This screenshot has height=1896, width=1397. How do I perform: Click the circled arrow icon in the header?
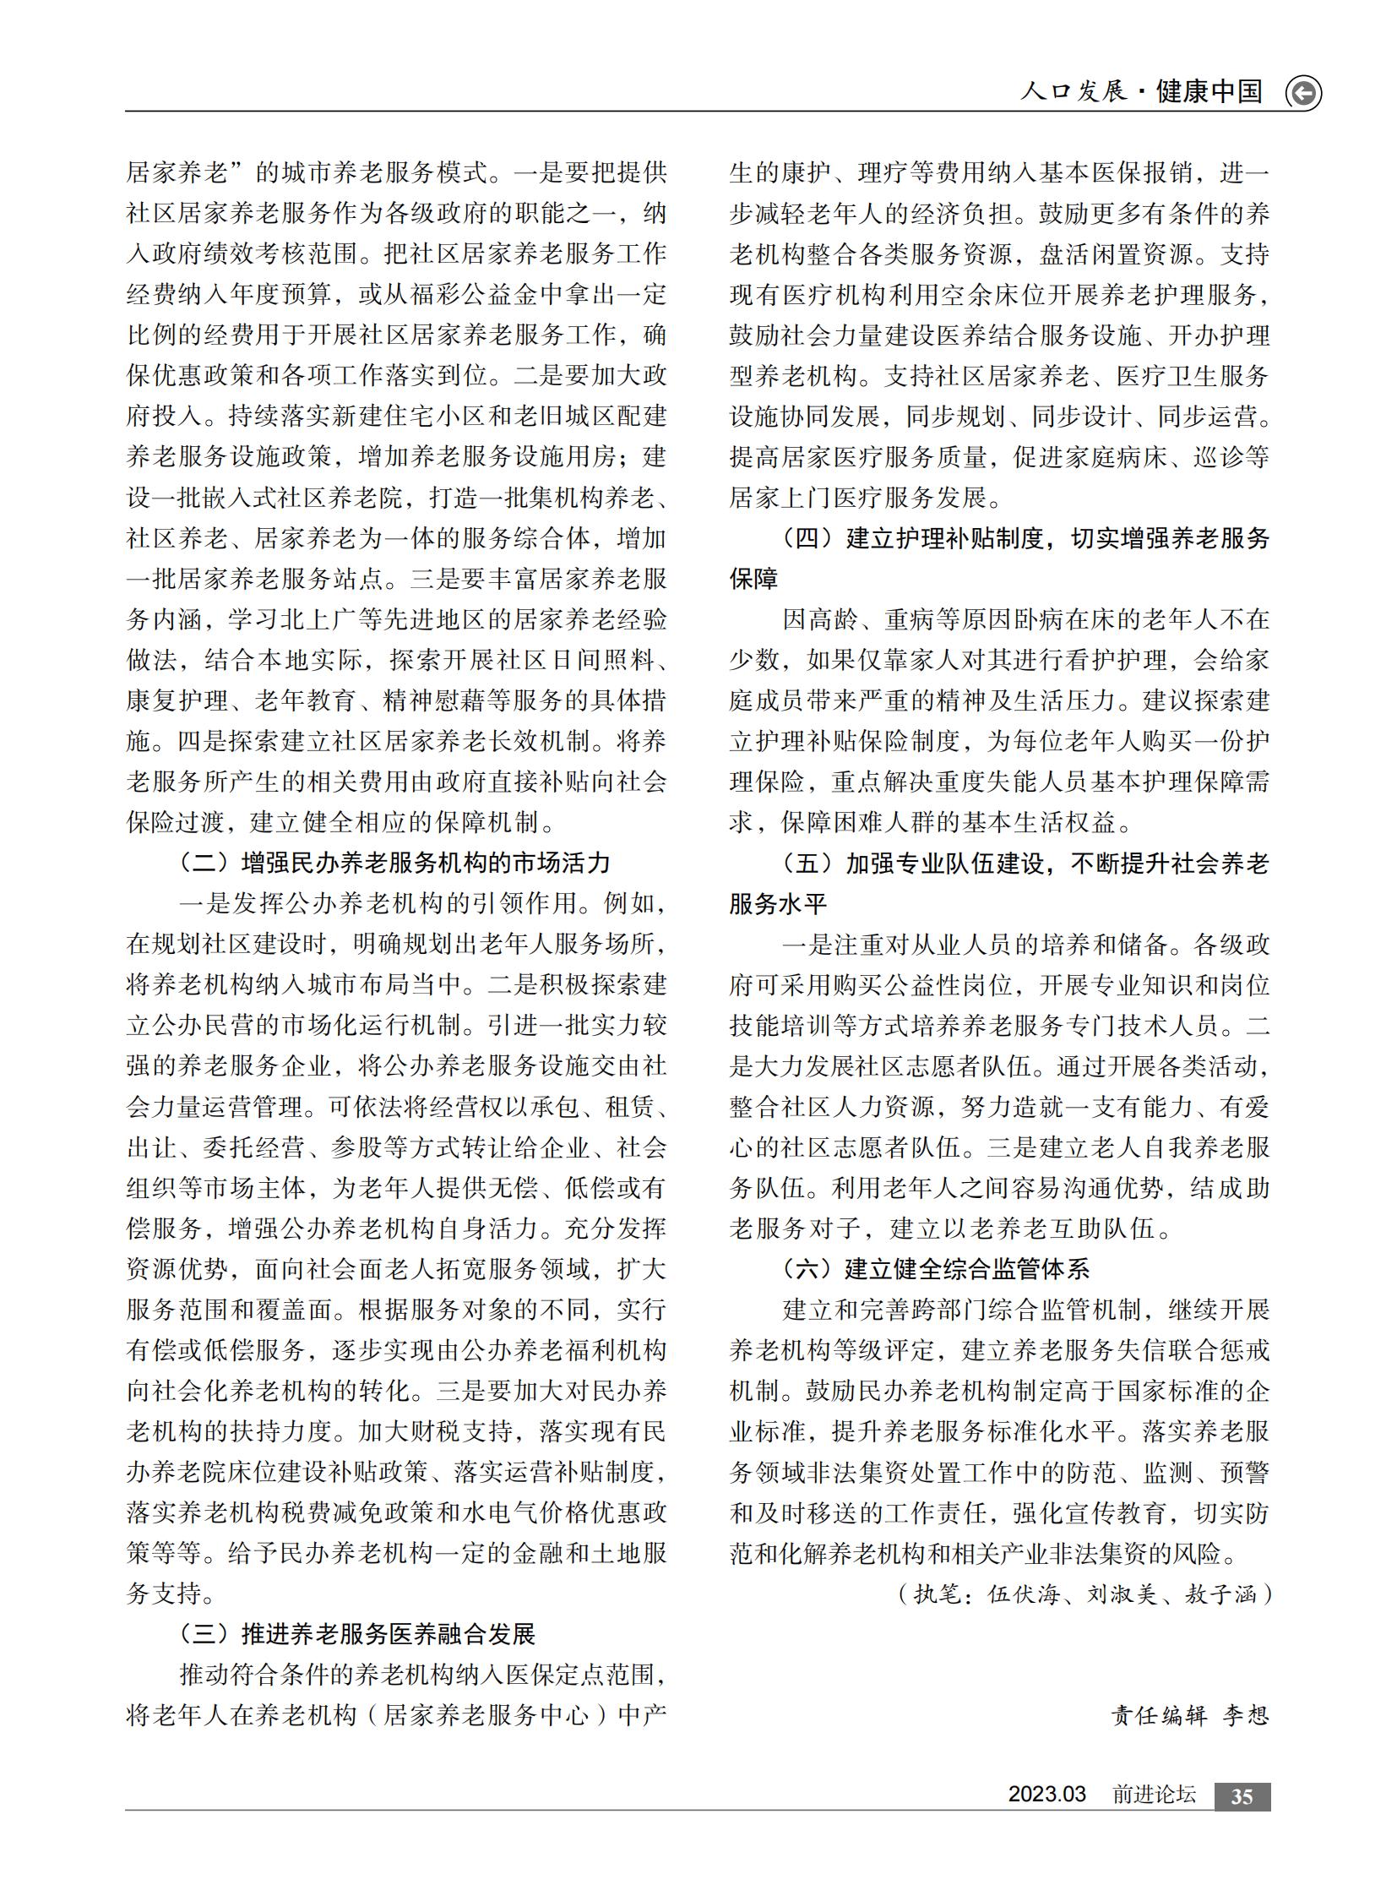1302,93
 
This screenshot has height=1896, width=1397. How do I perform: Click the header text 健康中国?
1209,91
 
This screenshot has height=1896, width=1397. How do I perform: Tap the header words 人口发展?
1074,91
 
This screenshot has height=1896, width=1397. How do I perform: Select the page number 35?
1242,1796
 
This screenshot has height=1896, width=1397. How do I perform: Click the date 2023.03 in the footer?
1046,1795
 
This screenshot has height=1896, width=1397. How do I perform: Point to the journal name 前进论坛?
1154,1795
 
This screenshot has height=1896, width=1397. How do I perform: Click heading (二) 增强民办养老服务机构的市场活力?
395,863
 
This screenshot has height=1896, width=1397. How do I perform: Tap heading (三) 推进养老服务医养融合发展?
358,1634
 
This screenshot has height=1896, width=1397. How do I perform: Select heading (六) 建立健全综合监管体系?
936,1269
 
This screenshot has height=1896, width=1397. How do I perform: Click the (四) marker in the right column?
807,539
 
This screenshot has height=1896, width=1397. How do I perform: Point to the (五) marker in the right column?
807,864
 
